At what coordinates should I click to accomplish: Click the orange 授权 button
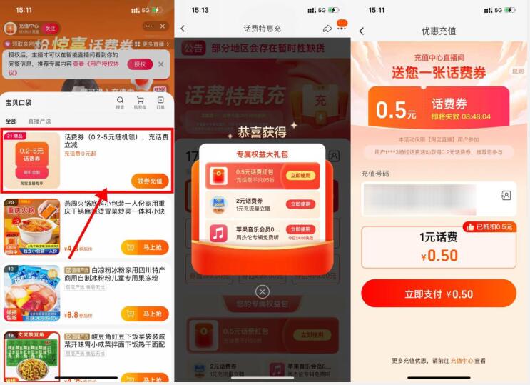click(x=140, y=64)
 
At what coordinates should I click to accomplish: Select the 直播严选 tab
click(x=39, y=121)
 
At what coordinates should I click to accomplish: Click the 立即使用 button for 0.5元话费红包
click(x=300, y=176)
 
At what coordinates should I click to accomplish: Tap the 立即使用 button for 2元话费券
click(x=300, y=204)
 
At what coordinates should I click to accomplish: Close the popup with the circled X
click(x=263, y=291)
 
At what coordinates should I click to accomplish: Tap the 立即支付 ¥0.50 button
click(x=439, y=294)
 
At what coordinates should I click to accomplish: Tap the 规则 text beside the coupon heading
click(x=517, y=71)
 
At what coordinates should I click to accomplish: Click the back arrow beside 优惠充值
click(x=362, y=31)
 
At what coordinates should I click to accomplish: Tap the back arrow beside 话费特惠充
click(x=183, y=29)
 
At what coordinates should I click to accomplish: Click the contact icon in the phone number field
click(x=506, y=195)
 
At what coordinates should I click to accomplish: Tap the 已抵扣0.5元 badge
click(x=489, y=227)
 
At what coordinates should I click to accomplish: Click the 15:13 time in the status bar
click(x=200, y=10)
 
